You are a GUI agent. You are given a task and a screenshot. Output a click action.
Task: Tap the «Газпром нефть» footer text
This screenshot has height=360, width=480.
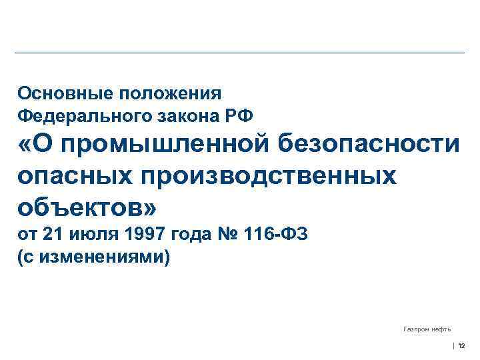click(x=427, y=329)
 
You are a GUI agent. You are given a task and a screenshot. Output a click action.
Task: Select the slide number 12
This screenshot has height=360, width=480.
click(x=462, y=345)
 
